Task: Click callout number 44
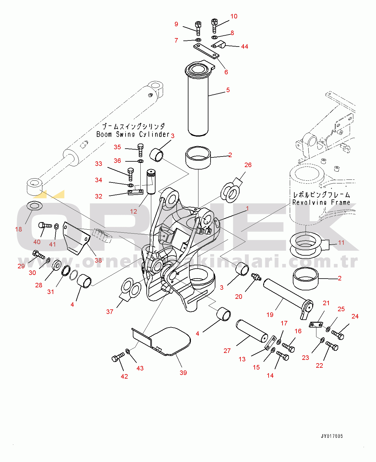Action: (x=244, y=47)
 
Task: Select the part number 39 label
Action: (x=183, y=373)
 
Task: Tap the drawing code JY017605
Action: (x=332, y=436)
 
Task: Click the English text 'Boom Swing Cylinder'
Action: (x=133, y=134)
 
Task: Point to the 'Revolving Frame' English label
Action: (x=321, y=202)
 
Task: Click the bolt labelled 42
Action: (x=118, y=357)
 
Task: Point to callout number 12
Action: (x=133, y=212)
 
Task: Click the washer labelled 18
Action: (x=34, y=206)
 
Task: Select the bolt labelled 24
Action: (x=338, y=334)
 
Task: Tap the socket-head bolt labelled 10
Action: (x=214, y=25)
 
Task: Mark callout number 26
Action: (x=248, y=165)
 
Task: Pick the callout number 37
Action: (x=110, y=312)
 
